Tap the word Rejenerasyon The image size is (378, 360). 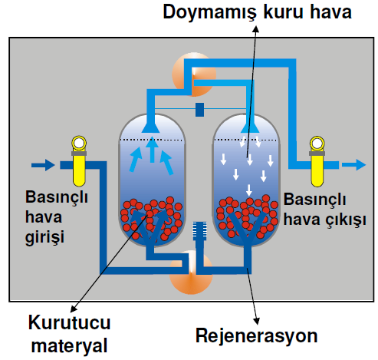[257, 335]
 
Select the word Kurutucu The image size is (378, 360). [69, 322]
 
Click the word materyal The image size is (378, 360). [69, 346]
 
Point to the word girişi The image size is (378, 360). [44, 236]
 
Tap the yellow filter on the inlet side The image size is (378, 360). [79, 161]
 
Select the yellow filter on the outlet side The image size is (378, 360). [317, 161]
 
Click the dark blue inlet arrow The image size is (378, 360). [43, 165]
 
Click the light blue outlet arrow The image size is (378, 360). [354, 165]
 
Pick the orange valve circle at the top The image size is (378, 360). [194, 74]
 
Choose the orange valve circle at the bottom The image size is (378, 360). [191, 272]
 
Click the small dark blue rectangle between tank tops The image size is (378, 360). [199, 110]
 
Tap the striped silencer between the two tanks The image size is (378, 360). [199, 231]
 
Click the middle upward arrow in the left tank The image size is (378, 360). [152, 150]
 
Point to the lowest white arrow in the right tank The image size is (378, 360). [249, 190]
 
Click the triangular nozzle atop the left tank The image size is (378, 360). [151, 127]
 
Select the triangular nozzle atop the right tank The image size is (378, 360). [250, 127]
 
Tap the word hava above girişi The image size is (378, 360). [44, 217]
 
